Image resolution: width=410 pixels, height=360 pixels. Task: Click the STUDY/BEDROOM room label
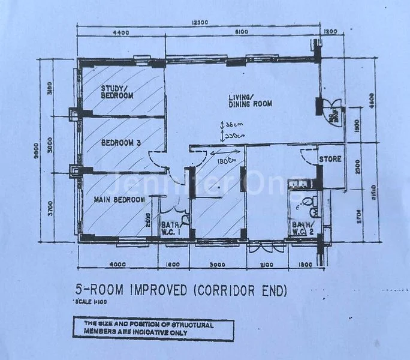117,91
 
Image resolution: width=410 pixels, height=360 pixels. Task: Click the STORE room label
330,160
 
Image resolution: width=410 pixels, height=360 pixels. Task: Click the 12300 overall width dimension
200,23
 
